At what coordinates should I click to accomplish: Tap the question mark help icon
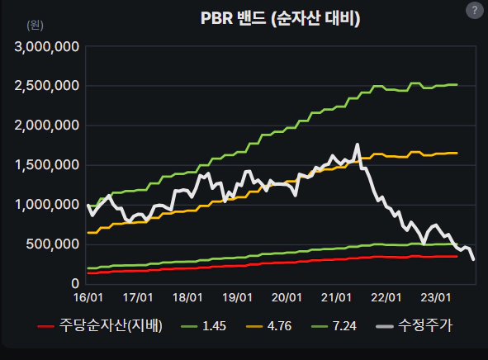pyautogui.click(x=474, y=11)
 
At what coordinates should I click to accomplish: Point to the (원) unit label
pyautogui.click(x=36, y=25)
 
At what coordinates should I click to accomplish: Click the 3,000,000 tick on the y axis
pyautogui.click(x=47, y=46)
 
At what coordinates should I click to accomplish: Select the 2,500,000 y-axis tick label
pyautogui.click(x=47, y=86)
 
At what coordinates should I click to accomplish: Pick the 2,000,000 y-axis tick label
pyautogui.click(x=47, y=126)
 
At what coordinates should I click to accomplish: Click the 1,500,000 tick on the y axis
pyautogui.click(x=47, y=165)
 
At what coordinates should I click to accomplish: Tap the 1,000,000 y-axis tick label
pyautogui.click(x=47, y=205)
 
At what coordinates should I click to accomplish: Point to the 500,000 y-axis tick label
pyautogui.click(x=54, y=244)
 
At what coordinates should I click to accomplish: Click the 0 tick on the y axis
pyautogui.click(x=74, y=284)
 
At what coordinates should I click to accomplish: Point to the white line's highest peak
pyautogui.click(x=357, y=145)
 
